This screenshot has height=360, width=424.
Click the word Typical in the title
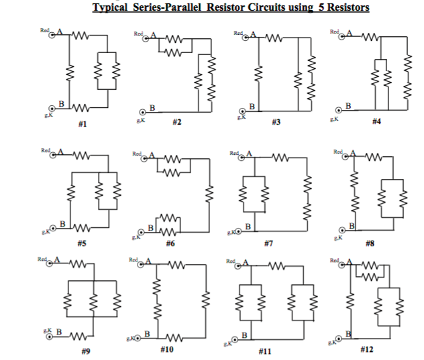(111, 7)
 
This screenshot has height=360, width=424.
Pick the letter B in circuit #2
(152, 107)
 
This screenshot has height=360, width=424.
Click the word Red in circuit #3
(237, 32)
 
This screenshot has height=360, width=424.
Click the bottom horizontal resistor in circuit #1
(80, 108)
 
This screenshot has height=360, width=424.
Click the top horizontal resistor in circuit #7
(280, 159)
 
